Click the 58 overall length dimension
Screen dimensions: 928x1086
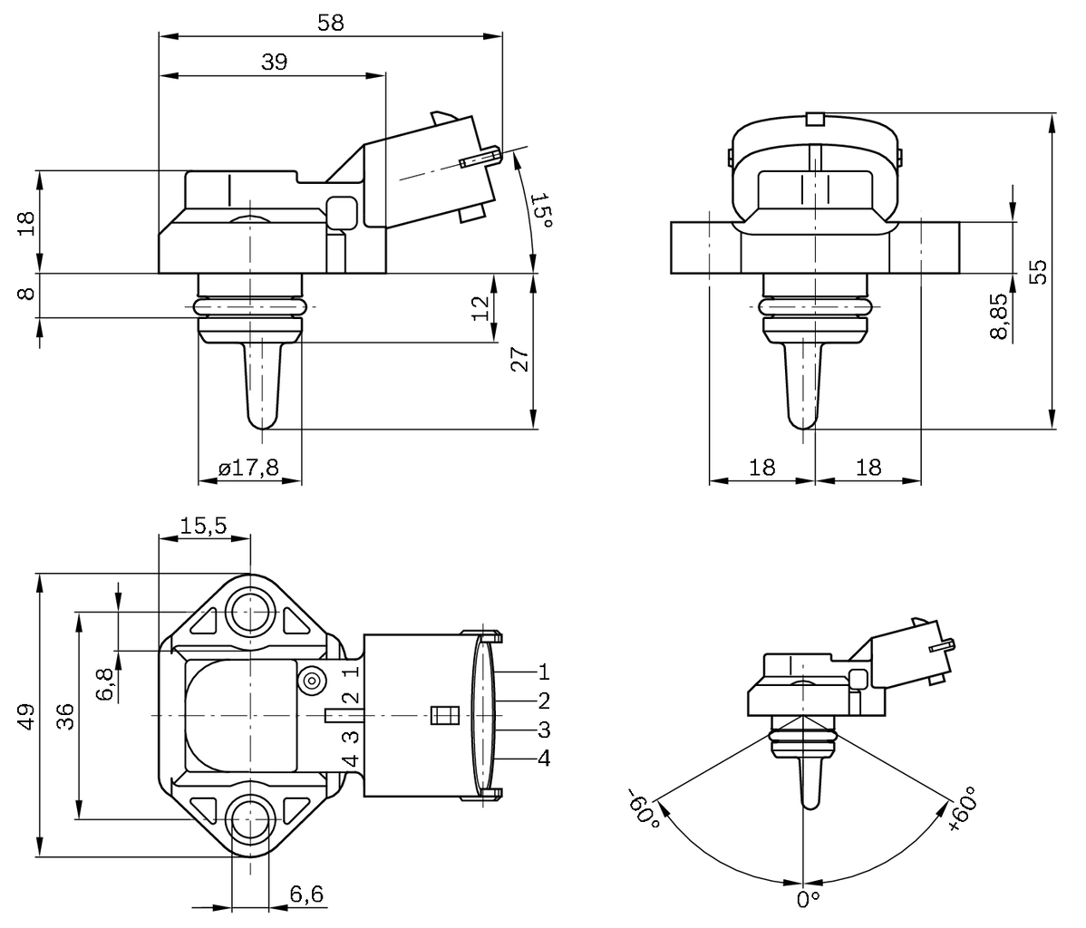pos(331,24)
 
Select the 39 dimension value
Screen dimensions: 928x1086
pos(274,63)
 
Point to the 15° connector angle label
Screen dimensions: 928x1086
pos(539,210)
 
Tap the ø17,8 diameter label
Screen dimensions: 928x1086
pos(248,468)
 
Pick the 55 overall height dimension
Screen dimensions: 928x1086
pos(1038,271)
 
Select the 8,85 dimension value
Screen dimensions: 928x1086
pos(999,315)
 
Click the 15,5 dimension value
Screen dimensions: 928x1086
pos(203,525)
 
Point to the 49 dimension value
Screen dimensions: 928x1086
pos(27,716)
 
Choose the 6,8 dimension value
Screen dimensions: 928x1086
pos(105,683)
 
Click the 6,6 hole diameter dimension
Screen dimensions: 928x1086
pos(306,894)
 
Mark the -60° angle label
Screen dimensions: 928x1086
pos(642,806)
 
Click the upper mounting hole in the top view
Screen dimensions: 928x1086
pos(247,613)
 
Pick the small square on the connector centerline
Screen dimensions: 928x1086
pos(441,715)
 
